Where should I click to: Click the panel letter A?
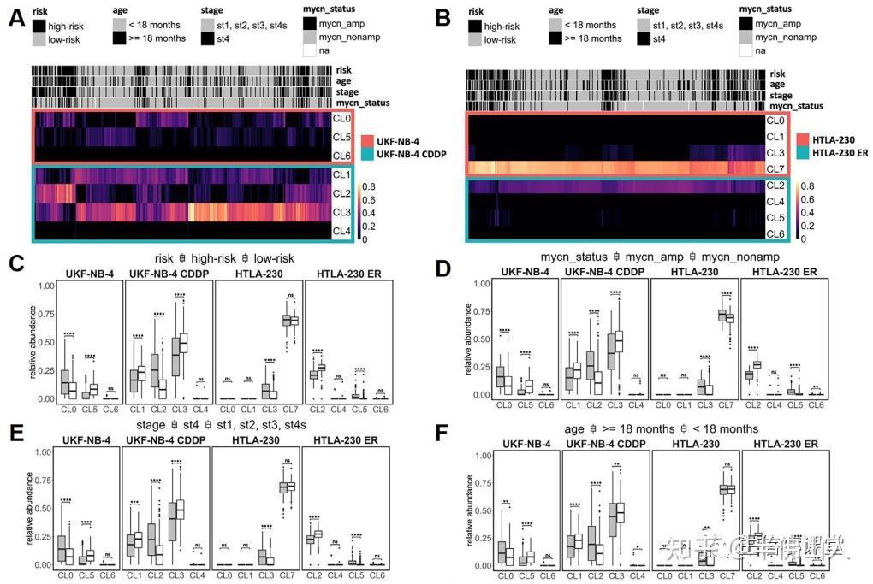(x=15, y=15)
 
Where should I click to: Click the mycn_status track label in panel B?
(x=796, y=107)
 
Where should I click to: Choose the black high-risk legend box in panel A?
(x=39, y=27)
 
